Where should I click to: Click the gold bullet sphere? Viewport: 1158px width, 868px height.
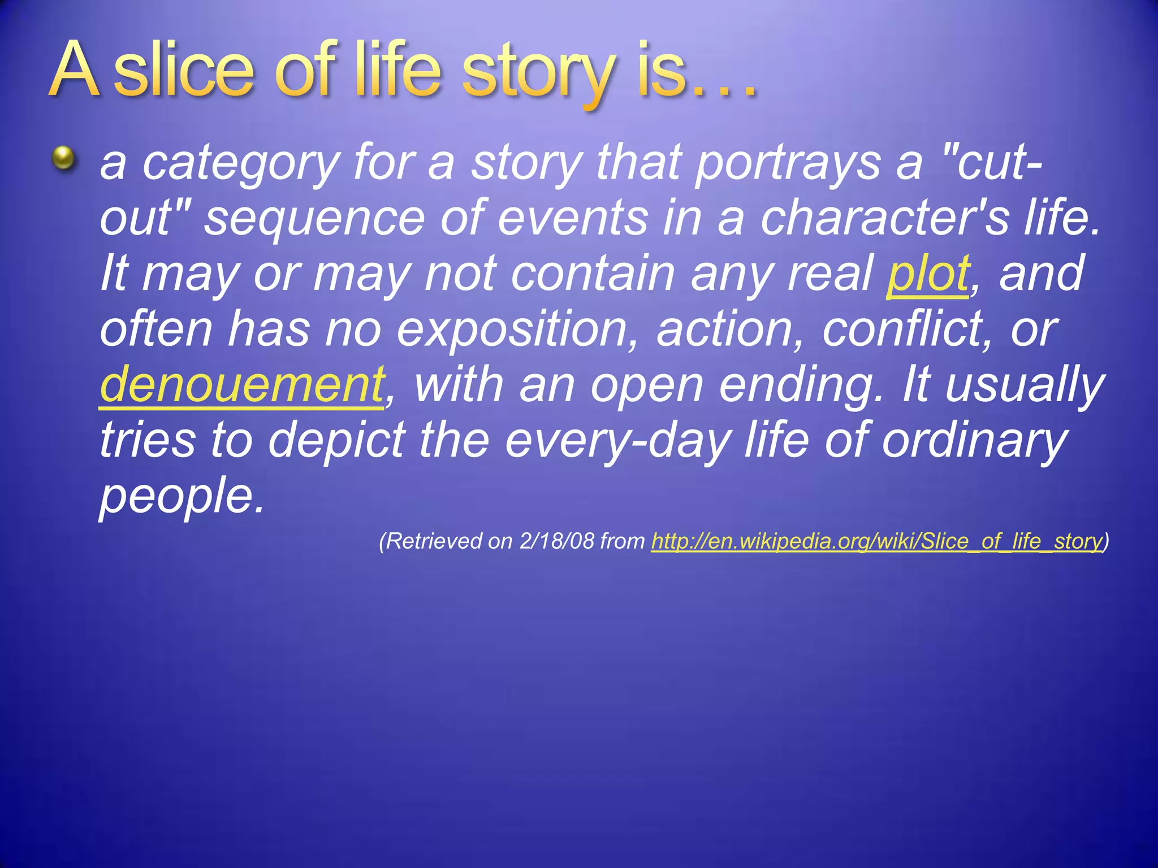(64, 158)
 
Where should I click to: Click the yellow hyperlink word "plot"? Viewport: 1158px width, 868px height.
(928, 274)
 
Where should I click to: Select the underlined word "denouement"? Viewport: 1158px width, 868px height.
(243, 384)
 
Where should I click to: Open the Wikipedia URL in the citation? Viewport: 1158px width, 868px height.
(876, 541)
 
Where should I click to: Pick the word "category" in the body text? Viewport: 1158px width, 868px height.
(240, 164)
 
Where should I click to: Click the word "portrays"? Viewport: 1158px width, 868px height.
(788, 164)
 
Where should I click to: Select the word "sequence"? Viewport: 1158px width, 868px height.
(314, 219)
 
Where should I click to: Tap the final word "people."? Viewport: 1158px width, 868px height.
(182, 496)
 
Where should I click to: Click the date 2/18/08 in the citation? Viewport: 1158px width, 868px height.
(557, 541)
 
